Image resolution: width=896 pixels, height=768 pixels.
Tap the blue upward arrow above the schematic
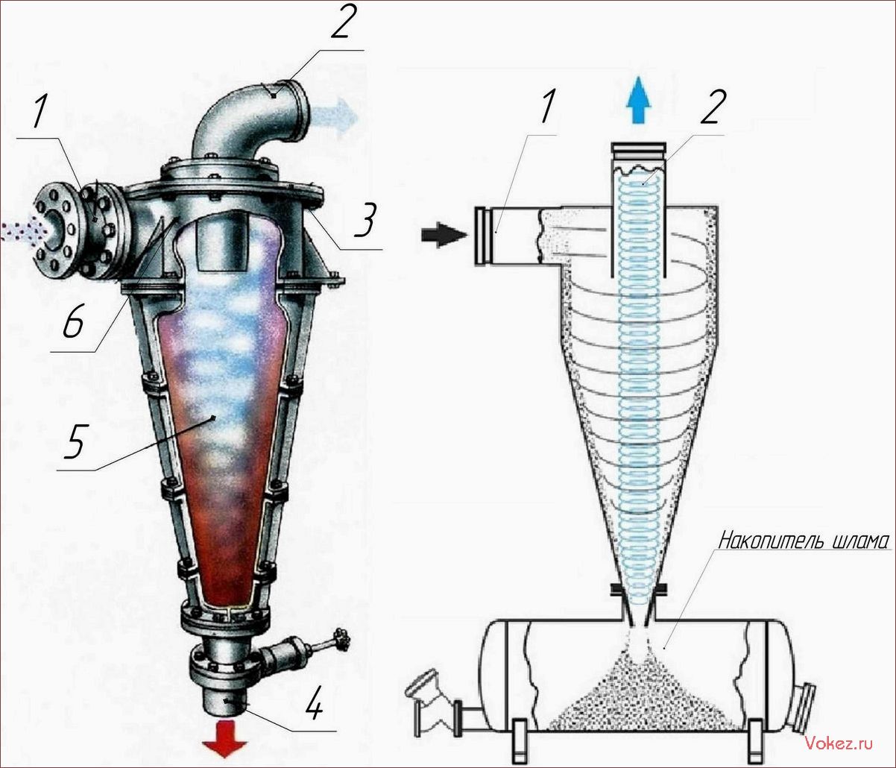(x=639, y=100)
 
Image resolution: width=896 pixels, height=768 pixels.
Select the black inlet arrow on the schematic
(x=444, y=236)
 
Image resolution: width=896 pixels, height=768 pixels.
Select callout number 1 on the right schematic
(x=547, y=106)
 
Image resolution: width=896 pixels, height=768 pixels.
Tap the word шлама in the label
(x=857, y=543)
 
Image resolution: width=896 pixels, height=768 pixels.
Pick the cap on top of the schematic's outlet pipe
(x=638, y=154)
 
